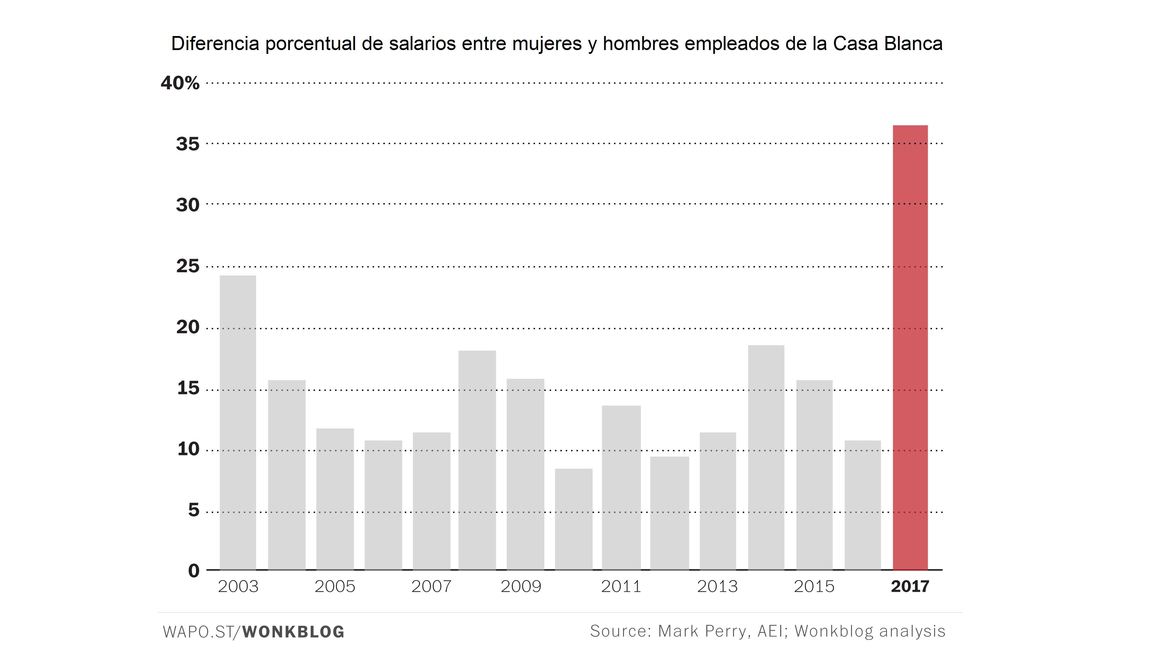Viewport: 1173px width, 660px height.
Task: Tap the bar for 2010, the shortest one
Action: [x=573, y=519]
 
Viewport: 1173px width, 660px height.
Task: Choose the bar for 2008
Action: [x=477, y=460]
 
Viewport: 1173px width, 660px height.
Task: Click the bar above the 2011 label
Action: [x=621, y=487]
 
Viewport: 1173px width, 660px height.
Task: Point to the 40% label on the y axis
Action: [x=180, y=83]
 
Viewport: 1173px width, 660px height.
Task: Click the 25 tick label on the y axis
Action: [x=188, y=266]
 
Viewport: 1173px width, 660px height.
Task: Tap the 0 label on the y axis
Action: [x=193, y=570]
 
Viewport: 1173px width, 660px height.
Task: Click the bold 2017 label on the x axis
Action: [x=910, y=586]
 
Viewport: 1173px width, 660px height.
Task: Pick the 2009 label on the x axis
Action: [x=521, y=586]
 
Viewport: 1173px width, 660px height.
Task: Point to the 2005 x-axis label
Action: [x=335, y=586]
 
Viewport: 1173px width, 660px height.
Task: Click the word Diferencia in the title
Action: [x=215, y=44]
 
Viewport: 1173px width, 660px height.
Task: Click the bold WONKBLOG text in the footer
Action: [x=293, y=632]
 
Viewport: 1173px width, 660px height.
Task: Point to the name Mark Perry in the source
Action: [x=702, y=631]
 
